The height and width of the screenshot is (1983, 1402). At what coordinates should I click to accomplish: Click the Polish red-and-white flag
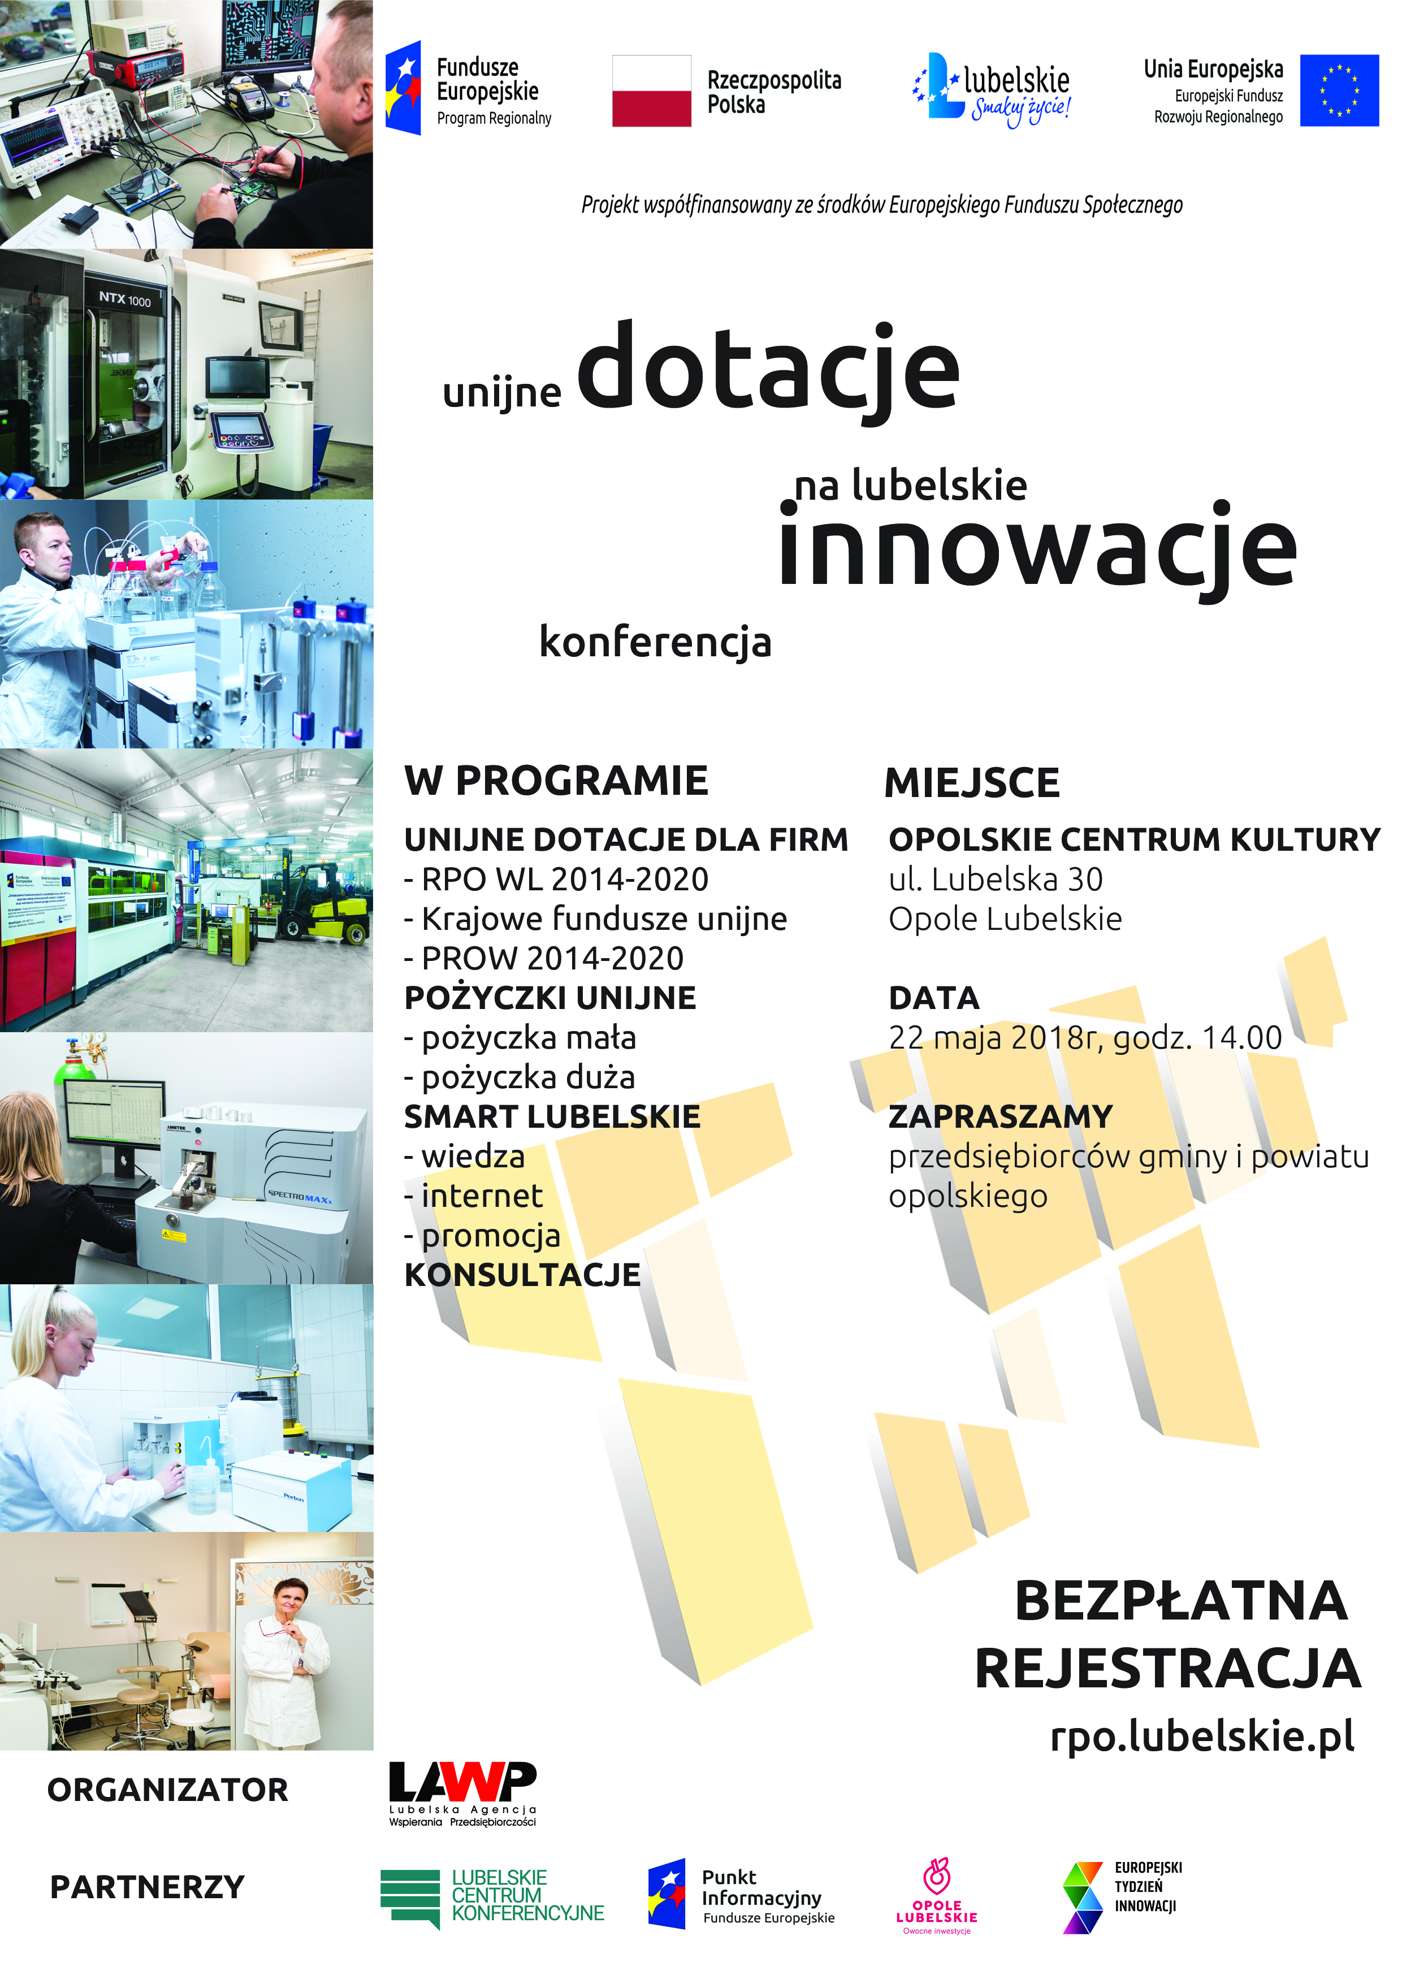651,90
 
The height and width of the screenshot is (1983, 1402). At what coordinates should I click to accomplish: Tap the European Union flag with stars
1339,90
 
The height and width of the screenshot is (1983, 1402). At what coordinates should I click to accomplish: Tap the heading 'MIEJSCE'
972,782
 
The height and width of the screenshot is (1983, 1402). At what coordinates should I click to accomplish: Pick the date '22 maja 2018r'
993,1037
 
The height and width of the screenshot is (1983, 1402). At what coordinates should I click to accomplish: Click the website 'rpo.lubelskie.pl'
1202,1737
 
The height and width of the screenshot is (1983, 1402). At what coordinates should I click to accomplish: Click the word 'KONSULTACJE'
522,1275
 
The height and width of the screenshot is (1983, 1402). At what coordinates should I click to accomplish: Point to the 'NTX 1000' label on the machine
124,299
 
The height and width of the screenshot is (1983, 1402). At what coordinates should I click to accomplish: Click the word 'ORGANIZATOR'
167,1790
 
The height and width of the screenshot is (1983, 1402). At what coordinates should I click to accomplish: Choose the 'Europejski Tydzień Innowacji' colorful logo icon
1083,1898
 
